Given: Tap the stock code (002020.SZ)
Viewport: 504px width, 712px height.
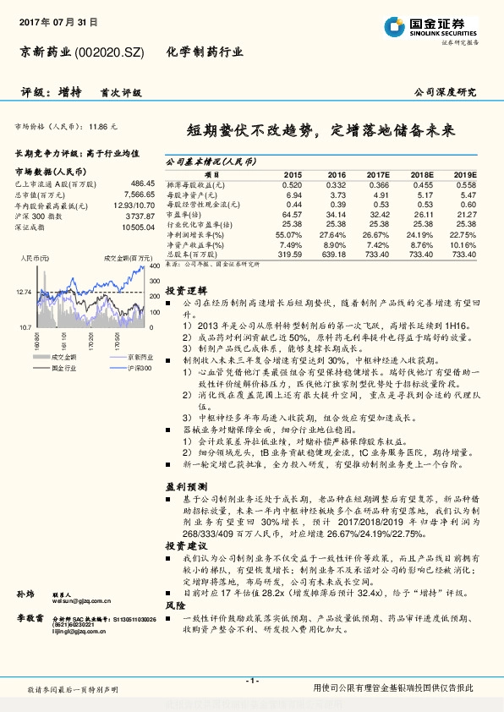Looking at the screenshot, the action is pos(111,52).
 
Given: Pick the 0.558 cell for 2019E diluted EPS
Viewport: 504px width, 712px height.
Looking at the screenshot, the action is pos(466,184).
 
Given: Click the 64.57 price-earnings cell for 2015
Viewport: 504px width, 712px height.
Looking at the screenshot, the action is pos(291,215).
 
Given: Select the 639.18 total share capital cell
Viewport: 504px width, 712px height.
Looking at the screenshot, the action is pos(336,254).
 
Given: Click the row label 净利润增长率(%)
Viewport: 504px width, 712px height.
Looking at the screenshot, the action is pos(194,234).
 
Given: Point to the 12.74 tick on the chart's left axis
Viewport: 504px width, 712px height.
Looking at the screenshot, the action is pos(23,292).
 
